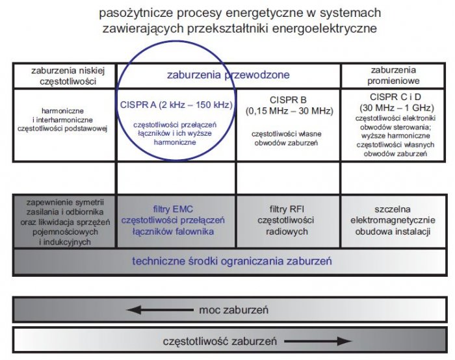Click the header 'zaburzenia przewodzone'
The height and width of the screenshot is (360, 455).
coord(228,75)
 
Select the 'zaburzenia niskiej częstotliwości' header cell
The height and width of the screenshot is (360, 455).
coord(64,76)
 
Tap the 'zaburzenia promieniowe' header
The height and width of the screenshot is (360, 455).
coord(393,75)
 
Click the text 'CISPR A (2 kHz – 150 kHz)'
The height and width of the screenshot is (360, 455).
coord(176,105)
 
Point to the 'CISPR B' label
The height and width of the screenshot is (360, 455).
coord(288,100)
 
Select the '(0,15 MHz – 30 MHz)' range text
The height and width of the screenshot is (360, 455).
coord(289,111)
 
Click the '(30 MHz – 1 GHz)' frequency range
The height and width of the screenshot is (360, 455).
coord(396,108)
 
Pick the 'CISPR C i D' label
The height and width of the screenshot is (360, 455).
coord(395,97)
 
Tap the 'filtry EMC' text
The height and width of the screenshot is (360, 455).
coord(173,209)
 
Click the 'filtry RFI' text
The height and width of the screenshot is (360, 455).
coord(287,209)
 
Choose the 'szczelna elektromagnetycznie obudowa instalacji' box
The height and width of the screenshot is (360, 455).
coord(393,220)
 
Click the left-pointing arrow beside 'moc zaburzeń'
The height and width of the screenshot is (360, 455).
coord(160,310)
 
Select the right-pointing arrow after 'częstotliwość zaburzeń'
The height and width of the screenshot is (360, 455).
coord(318,341)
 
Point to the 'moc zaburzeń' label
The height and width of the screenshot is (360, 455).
coord(233,310)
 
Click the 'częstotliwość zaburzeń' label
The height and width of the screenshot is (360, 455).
coord(220,341)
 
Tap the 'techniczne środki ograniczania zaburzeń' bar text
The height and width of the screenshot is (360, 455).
coord(232,261)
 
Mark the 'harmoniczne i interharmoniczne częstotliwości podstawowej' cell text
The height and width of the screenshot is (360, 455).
coord(62,120)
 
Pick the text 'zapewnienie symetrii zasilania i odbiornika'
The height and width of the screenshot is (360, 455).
coord(65,207)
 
